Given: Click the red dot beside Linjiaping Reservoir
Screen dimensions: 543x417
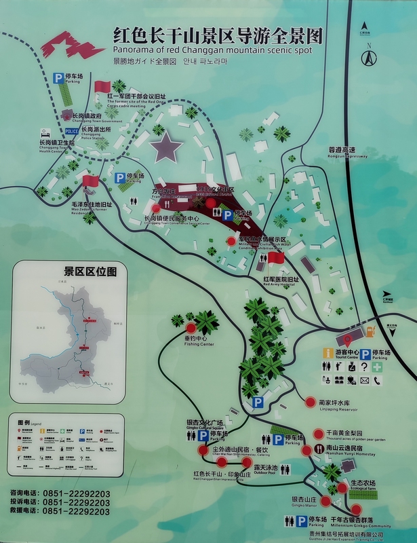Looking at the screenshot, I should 311,401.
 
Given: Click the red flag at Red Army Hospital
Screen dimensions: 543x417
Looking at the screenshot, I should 275,258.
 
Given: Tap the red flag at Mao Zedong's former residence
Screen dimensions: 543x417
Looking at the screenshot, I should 90,181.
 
